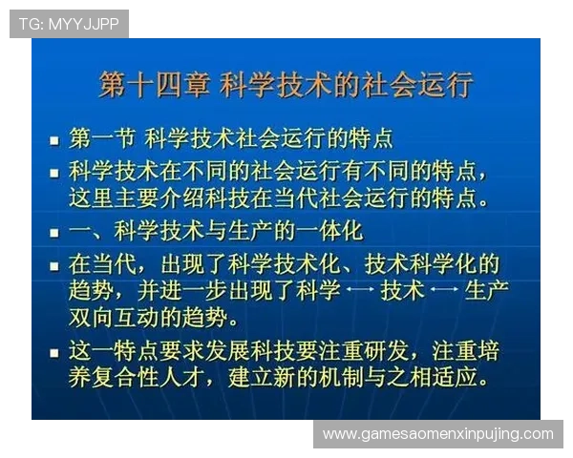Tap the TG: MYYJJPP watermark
point(69,24)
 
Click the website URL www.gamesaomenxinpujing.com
point(438,434)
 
